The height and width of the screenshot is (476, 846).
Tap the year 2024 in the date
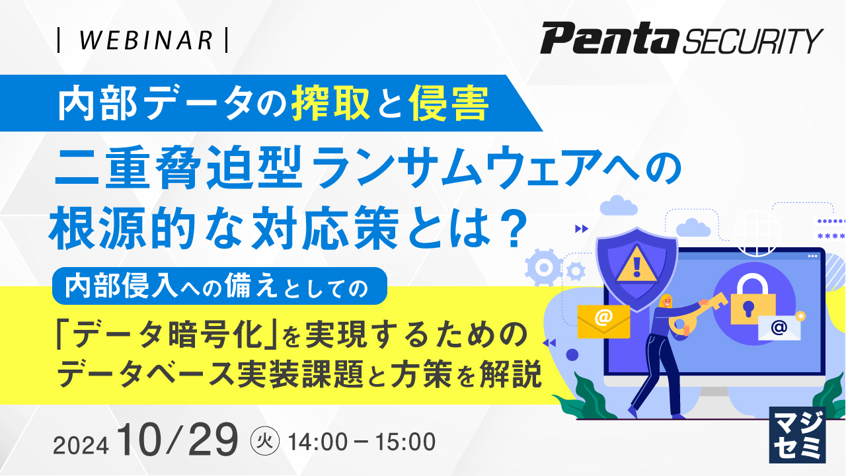[81, 445]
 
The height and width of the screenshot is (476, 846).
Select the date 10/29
[176, 440]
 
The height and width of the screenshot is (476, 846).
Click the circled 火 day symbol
[266, 440]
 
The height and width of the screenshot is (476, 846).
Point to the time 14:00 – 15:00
[362, 441]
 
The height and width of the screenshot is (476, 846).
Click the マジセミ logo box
[797, 434]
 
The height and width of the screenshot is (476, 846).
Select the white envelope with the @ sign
[779, 327]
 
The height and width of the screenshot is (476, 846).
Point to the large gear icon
[544, 268]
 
